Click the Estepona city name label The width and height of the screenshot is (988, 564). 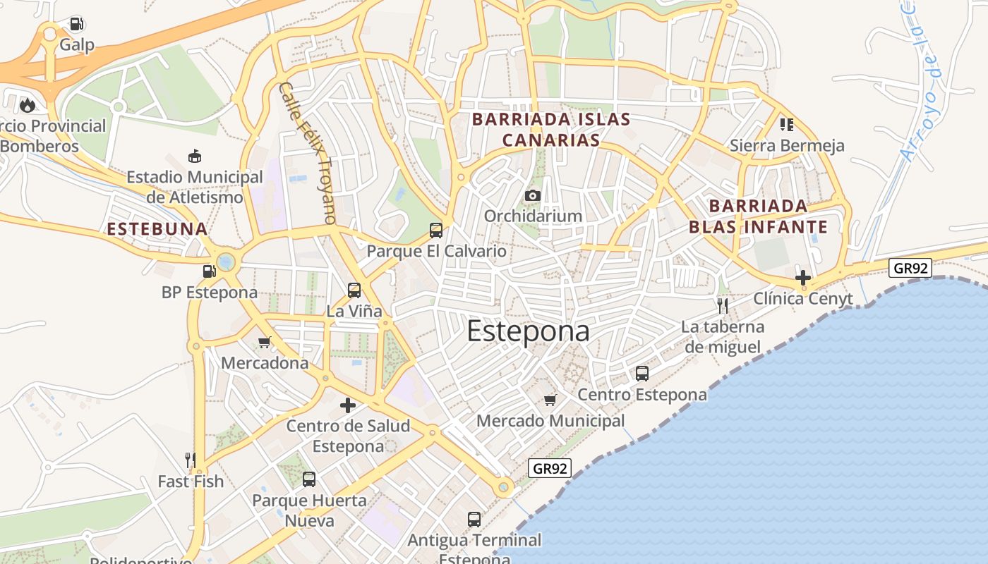528,331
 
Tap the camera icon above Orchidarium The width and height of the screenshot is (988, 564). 533,195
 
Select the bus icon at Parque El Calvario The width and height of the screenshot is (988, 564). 436,230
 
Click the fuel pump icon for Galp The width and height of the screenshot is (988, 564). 76,24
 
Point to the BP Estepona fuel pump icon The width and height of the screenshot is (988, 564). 209,271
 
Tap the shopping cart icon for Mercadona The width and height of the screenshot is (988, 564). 265,342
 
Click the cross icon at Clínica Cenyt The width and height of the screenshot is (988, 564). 802,277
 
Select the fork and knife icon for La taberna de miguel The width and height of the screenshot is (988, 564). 723,305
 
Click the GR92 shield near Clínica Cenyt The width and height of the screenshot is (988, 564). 910,268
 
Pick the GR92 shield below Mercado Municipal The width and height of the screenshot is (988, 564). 550,468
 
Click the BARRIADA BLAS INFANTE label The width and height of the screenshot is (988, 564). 758,216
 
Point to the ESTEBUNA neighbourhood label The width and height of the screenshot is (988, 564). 157,228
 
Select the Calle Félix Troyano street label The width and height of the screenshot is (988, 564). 308,153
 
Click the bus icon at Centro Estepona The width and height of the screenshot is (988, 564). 642,374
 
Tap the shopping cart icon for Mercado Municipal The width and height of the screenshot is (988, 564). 550,400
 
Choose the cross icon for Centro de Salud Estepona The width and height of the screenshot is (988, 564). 348,405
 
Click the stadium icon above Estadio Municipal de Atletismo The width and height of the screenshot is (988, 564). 195,156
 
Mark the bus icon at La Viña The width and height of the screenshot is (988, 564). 354,290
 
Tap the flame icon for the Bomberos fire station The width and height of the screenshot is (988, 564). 28,105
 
